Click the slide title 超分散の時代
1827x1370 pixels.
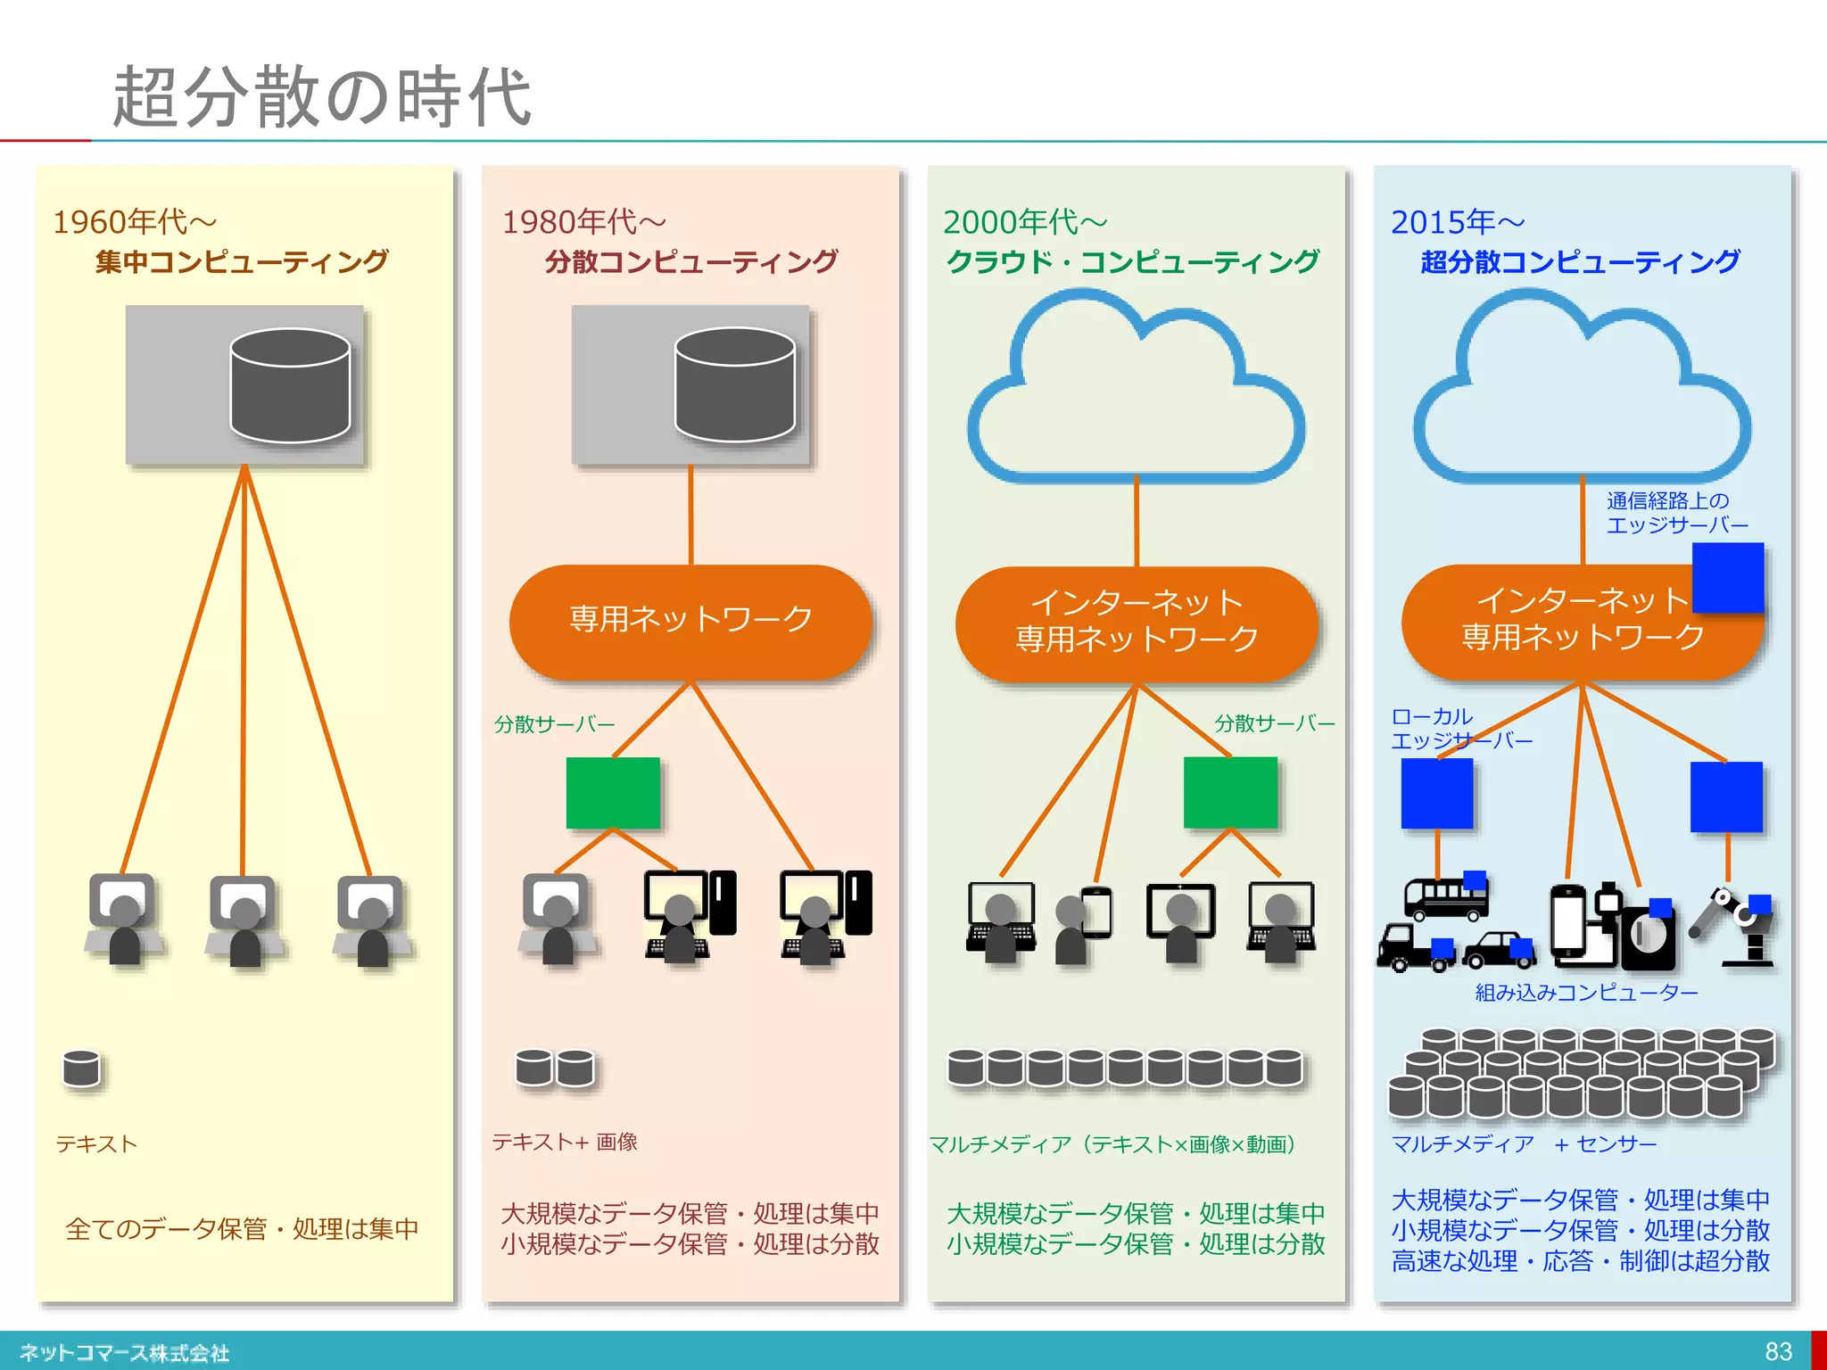pyautogui.click(x=321, y=96)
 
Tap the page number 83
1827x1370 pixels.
pyautogui.click(x=1778, y=1351)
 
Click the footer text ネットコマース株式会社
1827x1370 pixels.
pyautogui.click(x=124, y=1353)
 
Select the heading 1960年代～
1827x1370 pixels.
pyautogui.click(x=135, y=221)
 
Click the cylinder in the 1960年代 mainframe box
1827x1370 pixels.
pyautogui.click(x=290, y=385)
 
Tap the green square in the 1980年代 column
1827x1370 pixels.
pyautogui.click(x=613, y=793)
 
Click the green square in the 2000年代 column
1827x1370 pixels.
pyautogui.click(x=1230, y=793)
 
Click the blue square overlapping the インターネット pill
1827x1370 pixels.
pyautogui.click(x=1728, y=577)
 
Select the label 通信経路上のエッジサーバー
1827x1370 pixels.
pyautogui.click(x=1676, y=513)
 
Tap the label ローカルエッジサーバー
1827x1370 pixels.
pyautogui.click(x=1460, y=729)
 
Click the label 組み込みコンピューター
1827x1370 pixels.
pyautogui.click(x=1586, y=993)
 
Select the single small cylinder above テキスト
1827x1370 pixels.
pyautogui.click(x=81, y=1069)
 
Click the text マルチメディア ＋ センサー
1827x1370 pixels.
pyautogui.click(x=1524, y=1144)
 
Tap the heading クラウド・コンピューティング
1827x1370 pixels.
pyautogui.click(x=1133, y=262)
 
